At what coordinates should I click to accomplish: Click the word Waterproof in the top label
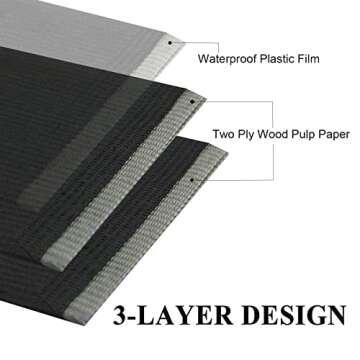click(228, 58)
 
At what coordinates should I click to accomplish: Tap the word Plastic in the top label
click(282, 58)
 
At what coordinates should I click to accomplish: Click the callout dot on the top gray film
click(170, 43)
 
